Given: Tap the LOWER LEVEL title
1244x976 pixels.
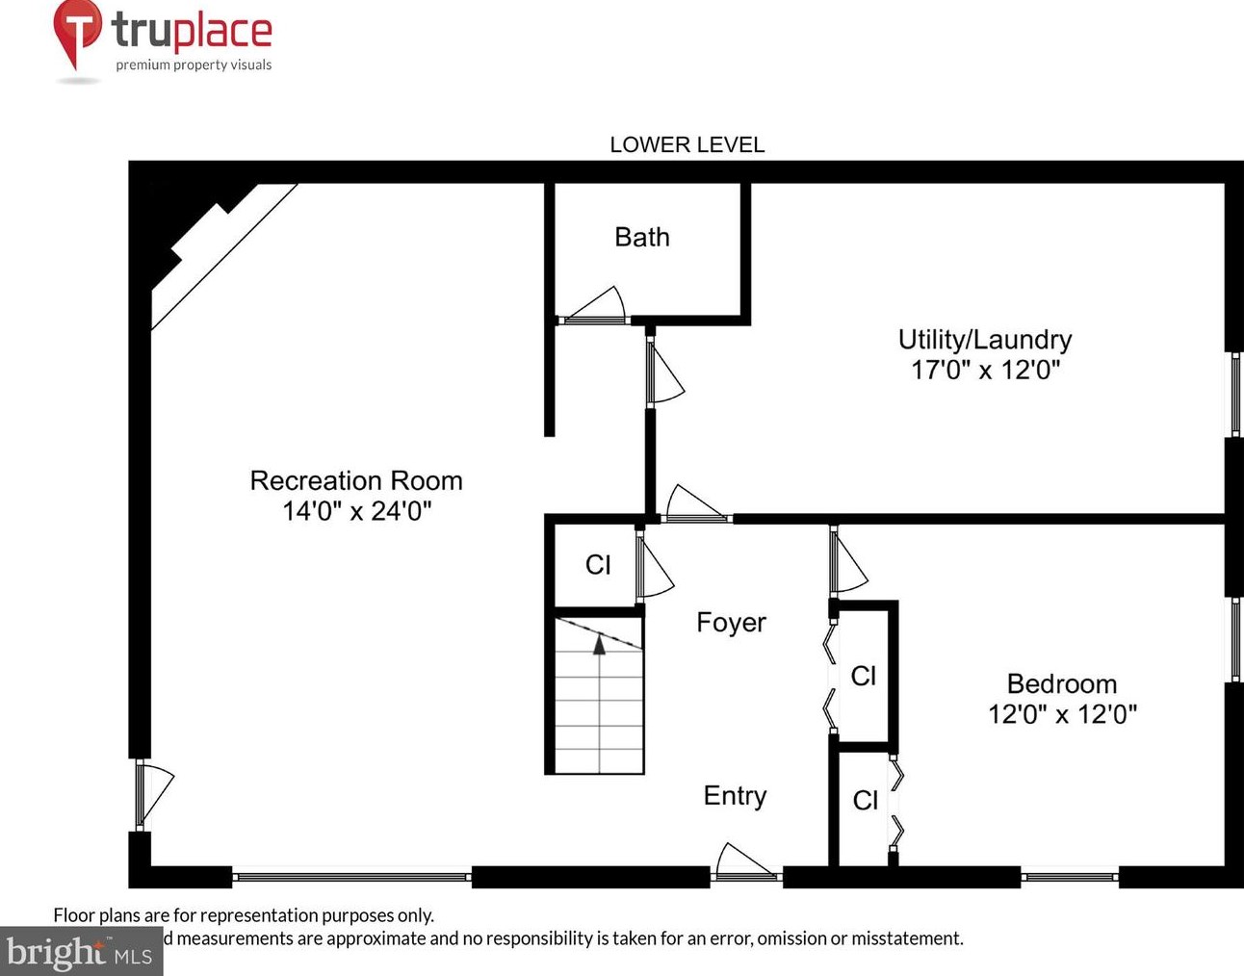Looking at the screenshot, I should [x=687, y=144].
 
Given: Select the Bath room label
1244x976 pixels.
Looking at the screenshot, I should [x=641, y=237].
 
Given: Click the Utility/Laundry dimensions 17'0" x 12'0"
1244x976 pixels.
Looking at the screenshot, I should [x=985, y=370].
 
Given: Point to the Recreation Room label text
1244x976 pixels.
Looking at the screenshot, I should [x=356, y=480].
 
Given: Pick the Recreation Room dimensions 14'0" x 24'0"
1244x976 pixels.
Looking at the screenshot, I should [x=356, y=510].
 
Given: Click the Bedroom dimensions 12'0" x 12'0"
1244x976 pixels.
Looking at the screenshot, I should [x=1062, y=714].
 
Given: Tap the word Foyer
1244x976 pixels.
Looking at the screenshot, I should [x=731, y=623].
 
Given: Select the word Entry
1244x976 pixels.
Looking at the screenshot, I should [x=735, y=796].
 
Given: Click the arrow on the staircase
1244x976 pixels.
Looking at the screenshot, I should [x=599, y=644].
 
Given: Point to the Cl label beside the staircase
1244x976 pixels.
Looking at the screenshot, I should [x=598, y=565].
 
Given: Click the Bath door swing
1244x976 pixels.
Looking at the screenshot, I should [x=595, y=306].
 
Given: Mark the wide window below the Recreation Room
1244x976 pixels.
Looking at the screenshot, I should [x=351, y=877].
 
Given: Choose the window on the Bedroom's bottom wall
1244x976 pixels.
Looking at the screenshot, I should [x=1069, y=877].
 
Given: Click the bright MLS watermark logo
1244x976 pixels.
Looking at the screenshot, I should [x=81, y=952].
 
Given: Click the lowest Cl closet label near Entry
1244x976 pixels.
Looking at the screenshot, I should [x=865, y=800].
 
